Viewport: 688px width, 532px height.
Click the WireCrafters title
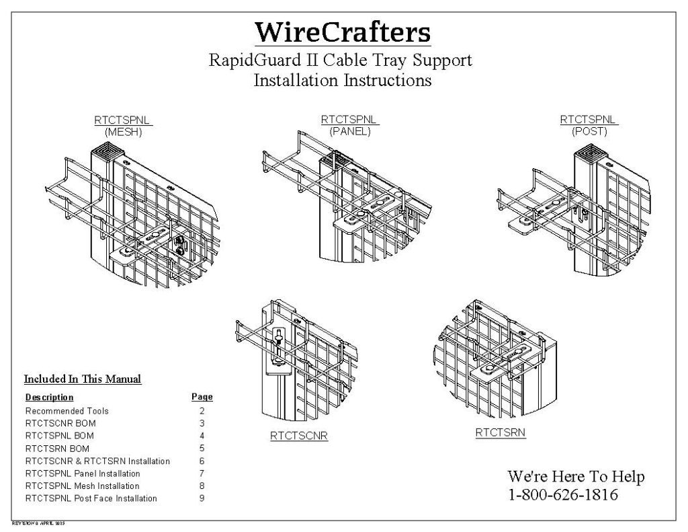(x=343, y=32)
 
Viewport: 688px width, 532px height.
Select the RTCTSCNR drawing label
(x=299, y=435)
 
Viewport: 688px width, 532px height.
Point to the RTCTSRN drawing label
(x=501, y=433)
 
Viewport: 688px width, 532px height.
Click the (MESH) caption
(x=124, y=132)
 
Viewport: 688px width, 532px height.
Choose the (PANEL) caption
(x=350, y=131)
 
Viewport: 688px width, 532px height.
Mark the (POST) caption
(x=589, y=131)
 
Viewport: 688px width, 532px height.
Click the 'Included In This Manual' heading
(x=83, y=379)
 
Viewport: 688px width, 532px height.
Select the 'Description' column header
(x=50, y=397)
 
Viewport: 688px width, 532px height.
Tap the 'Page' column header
(x=202, y=397)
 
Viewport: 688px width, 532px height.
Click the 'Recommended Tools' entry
(x=67, y=410)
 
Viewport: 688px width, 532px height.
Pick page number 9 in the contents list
(x=202, y=498)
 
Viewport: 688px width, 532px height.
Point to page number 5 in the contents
(x=202, y=448)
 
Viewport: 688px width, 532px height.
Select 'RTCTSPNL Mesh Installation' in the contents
(x=83, y=486)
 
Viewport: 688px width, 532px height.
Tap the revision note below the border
(x=38, y=523)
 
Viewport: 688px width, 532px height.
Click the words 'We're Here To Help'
(x=576, y=477)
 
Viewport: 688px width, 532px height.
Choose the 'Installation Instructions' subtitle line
(x=343, y=81)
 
